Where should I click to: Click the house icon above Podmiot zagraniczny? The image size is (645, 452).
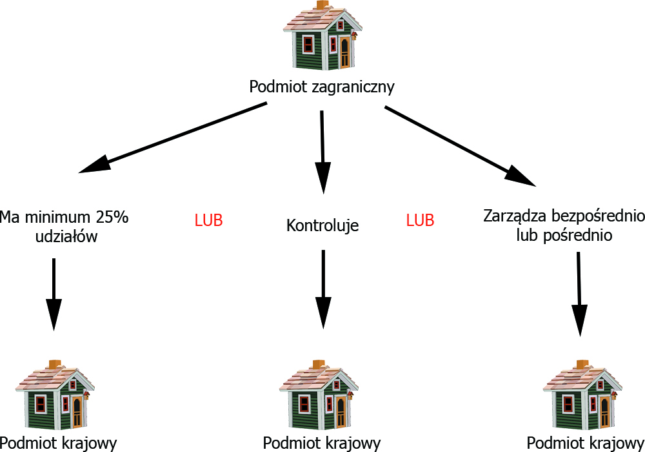[x=321, y=37]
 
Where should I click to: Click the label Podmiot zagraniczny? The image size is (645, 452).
[x=322, y=86]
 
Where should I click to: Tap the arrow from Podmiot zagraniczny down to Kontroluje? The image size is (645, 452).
[x=322, y=152]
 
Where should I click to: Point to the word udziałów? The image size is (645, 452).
[x=66, y=236]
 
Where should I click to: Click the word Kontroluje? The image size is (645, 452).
[x=322, y=226]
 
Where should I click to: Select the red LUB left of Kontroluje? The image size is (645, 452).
[x=208, y=220]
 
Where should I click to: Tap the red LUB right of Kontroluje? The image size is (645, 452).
[x=420, y=220]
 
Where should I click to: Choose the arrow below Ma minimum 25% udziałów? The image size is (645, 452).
[x=54, y=294]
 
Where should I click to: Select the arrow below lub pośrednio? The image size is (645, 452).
[x=580, y=294]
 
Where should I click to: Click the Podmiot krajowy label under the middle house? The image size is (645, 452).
[x=322, y=443]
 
